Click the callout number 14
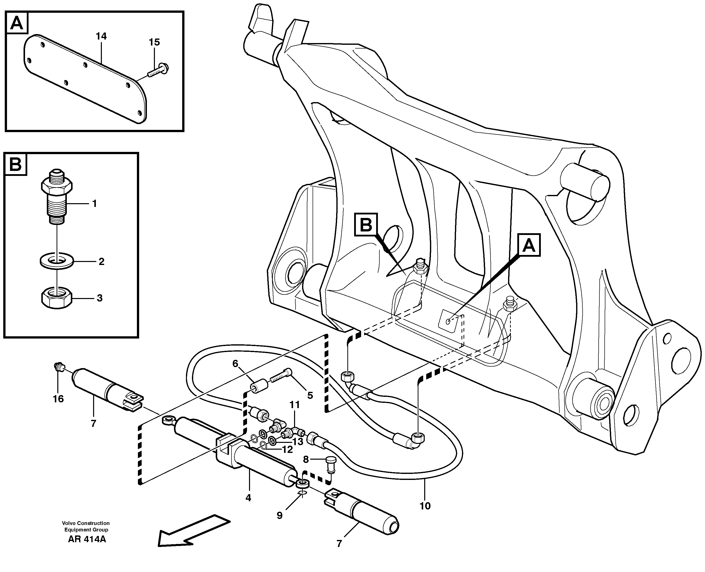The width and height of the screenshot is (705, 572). tap(101, 36)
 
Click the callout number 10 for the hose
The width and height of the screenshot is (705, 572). tap(425, 506)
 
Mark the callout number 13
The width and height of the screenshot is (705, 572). tap(298, 442)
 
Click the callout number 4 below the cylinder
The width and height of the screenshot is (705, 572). tap(248, 498)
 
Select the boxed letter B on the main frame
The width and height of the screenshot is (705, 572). tap(366, 225)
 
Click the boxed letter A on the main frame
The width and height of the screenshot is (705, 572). tap(529, 245)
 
